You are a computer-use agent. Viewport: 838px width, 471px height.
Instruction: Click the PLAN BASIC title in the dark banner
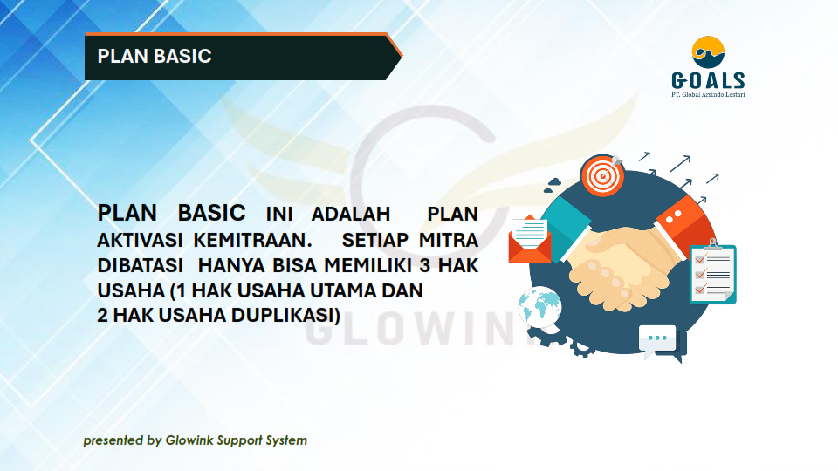pyautogui.click(x=155, y=56)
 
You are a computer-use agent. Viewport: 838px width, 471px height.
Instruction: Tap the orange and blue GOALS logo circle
pyautogui.click(x=708, y=51)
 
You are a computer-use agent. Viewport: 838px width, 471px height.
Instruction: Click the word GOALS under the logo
pyautogui.click(x=708, y=80)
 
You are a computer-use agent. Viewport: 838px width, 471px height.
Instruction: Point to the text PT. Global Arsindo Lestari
pyautogui.click(x=708, y=94)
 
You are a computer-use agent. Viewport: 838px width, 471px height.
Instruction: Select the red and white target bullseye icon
pyautogui.click(x=602, y=175)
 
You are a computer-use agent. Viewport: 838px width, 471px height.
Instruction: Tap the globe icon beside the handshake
pyautogui.click(x=539, y=307)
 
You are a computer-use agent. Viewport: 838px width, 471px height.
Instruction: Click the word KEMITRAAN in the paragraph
pyautogui.click(x=253, y=240)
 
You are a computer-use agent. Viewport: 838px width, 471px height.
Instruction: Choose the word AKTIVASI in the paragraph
pyautogui.click(x=140, y=240)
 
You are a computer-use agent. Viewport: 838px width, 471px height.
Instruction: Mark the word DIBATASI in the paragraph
pyautogui.click(x=140, y=265)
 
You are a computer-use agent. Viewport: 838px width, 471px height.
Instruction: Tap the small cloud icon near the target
pyautogui.click(x=553, y=185)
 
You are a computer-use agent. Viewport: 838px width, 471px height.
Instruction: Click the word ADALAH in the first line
pyautogui.click(x=351, y=215)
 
